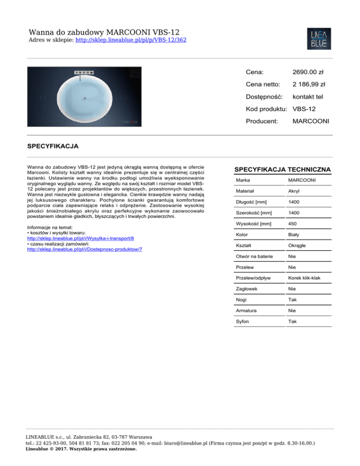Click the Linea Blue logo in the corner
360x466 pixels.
coord(320,39)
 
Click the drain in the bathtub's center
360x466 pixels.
coord(85,98)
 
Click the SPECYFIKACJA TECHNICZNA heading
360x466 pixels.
coord(282,169)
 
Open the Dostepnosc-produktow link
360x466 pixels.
coord(85,249)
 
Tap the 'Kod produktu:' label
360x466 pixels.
coord(266,109)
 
